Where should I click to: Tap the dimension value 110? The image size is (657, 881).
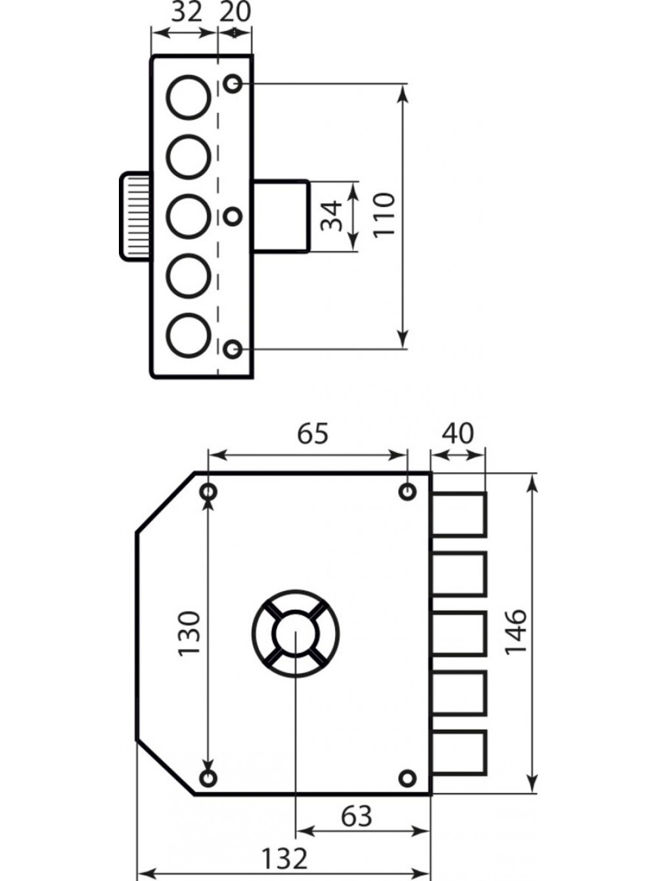point(384,215)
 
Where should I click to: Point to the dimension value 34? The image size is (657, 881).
point(332,217)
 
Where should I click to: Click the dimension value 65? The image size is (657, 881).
point(313,434)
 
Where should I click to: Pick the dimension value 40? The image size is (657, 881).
point(458,433)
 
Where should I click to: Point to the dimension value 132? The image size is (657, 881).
point(284,856)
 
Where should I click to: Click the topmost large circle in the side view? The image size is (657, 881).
point(189,97)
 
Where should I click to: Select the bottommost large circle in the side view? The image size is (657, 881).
point(189,335)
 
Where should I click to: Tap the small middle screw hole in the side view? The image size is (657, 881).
point(232,217)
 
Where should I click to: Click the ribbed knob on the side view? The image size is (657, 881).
point(135,216)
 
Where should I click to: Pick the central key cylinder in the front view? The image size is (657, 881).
point(296,634)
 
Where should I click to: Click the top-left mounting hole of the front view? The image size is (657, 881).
point(208,491)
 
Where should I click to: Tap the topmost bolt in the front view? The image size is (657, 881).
point(459,514)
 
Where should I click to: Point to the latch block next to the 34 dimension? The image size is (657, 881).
point(281,216)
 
